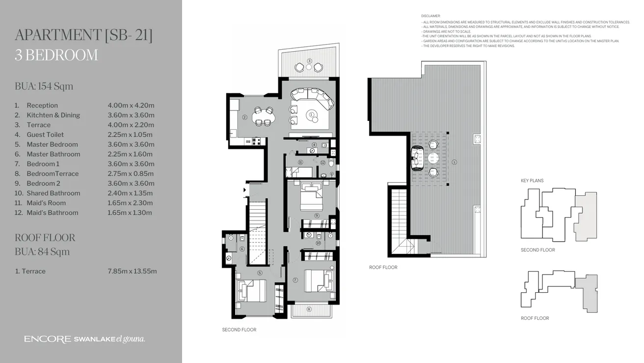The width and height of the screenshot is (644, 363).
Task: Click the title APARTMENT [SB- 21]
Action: (83, 35)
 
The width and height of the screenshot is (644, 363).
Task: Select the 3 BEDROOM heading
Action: (56, 55)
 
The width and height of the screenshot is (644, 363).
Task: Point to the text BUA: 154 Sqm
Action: (44, 86)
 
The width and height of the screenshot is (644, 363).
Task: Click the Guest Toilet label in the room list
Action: (45, 135)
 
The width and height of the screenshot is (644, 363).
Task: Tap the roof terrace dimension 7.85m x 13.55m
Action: (132, 271)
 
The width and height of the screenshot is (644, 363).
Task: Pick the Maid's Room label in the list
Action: (46, 203)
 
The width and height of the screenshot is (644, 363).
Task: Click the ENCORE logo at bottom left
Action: (48, 339)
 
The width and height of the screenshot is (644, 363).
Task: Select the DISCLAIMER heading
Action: (430, 16)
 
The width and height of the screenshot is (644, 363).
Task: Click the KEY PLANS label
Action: (532, 181)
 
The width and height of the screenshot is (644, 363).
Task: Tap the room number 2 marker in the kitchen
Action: (244, 117)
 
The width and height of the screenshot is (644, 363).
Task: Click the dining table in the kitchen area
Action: (264, 117)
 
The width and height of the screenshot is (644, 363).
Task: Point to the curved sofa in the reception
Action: (317, 98)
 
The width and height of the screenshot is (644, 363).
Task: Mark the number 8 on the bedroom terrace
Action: (309, 309)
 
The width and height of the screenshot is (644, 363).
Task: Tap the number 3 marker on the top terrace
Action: (309, 61)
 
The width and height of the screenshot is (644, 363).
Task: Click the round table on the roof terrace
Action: (433, 158)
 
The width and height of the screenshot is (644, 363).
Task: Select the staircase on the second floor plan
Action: (258, 231)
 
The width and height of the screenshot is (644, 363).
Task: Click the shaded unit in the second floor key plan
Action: (586, 216)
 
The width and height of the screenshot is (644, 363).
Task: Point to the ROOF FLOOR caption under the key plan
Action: (535, 318)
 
